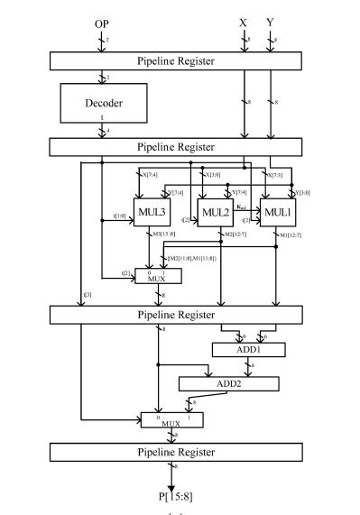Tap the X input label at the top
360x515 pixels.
coord(244,21)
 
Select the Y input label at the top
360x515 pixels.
coord(270,21)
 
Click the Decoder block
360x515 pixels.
coord(102,104)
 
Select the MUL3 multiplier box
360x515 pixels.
coord(150,212)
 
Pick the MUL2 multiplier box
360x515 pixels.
coord(215,212)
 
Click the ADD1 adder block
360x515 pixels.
coord(246,349)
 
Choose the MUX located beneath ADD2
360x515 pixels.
coord(171,420)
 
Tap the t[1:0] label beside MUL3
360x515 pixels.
coord(121,216)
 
